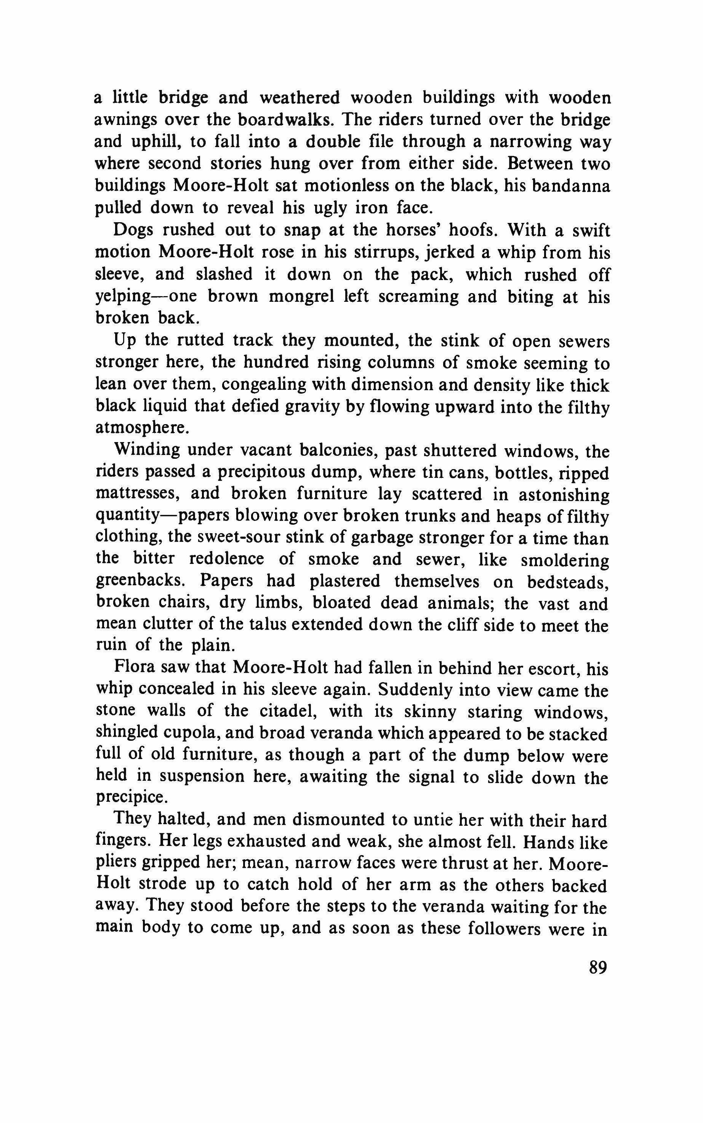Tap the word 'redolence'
(226, 559)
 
